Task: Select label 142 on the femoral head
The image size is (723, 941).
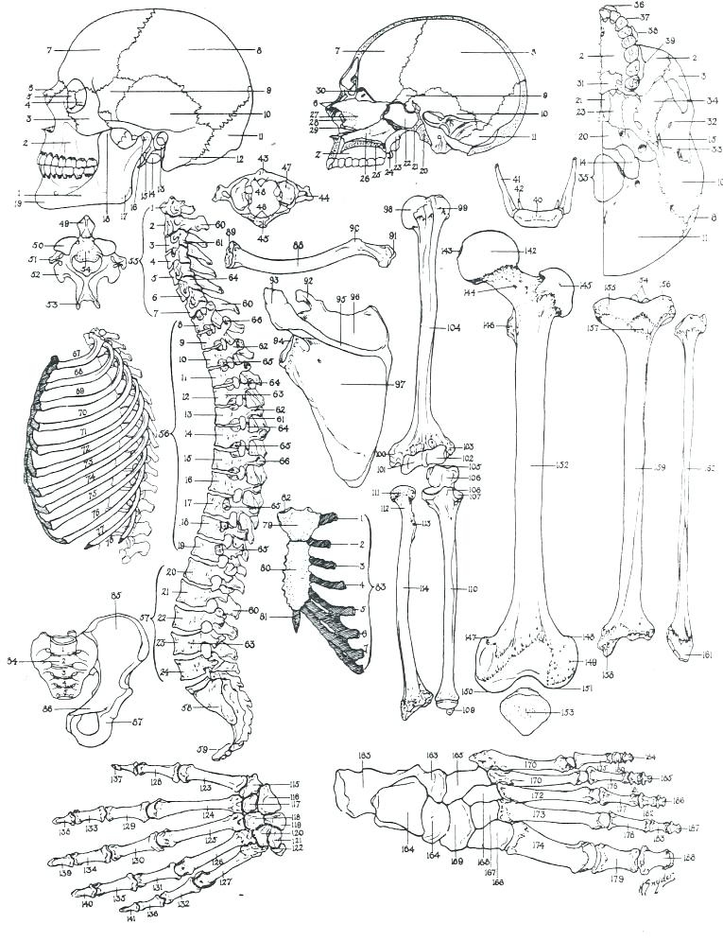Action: [504, 251]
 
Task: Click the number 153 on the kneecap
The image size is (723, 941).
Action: [540, 711]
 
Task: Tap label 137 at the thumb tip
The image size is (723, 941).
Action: [116, 780]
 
